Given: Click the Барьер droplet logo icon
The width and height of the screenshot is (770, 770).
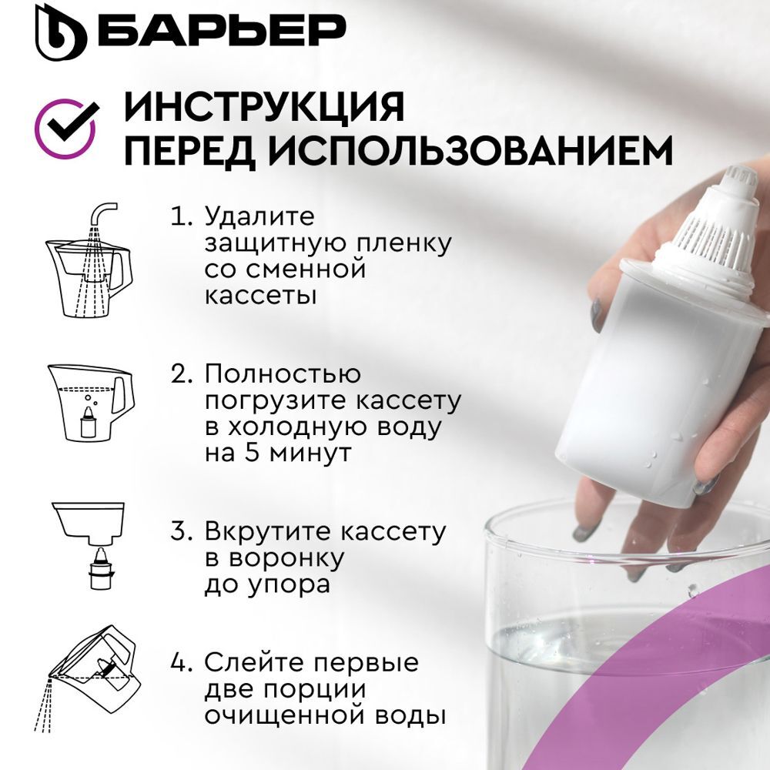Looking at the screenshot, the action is (x=60, y=32).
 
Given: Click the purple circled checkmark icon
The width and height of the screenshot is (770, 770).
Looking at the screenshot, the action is (x=66, y=128).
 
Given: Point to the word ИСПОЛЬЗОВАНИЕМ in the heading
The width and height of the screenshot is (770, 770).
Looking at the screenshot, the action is (x=470, y=151).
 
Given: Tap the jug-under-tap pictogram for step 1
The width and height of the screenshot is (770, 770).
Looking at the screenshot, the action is (x=89, y=259).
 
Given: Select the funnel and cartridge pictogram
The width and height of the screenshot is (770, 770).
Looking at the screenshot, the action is (x=89, y=546).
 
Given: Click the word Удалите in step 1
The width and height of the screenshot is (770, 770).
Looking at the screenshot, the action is (x=259, y=216).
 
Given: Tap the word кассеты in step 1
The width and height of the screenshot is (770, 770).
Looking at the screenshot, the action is (x=260, y=296).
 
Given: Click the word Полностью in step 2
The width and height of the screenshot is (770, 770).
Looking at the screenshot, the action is (x=283, y=374).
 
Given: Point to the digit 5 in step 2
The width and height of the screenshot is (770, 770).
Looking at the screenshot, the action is (x=252, y=452).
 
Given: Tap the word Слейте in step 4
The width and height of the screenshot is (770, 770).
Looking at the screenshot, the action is (x=254, y=662).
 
